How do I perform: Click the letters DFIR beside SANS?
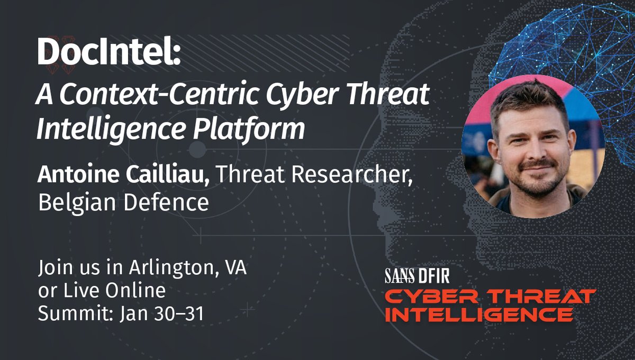(x=434, y=275)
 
